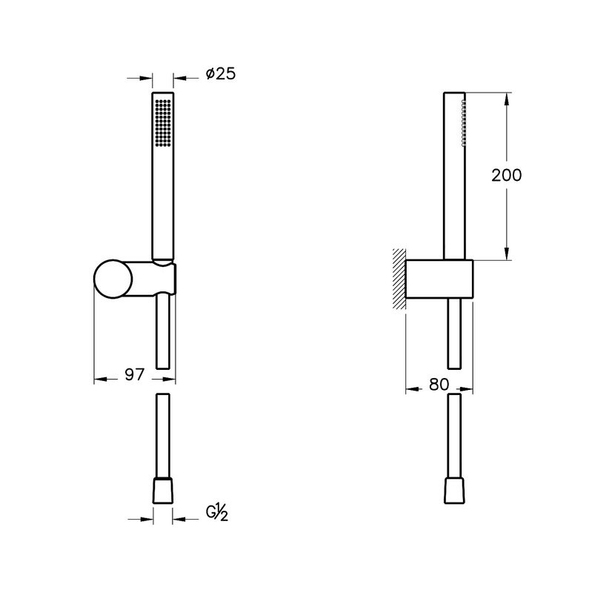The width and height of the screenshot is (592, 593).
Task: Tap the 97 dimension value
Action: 133,375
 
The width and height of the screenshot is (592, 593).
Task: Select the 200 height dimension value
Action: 507,175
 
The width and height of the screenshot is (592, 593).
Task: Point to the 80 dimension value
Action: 439,385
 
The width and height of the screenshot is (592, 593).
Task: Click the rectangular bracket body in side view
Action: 440,279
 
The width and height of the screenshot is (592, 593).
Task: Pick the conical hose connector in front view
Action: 163,491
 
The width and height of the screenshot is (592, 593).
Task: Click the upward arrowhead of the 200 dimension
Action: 507,97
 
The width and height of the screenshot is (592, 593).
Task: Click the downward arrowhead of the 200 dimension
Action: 507,255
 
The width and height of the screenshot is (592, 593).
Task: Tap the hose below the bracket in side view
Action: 455,334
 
